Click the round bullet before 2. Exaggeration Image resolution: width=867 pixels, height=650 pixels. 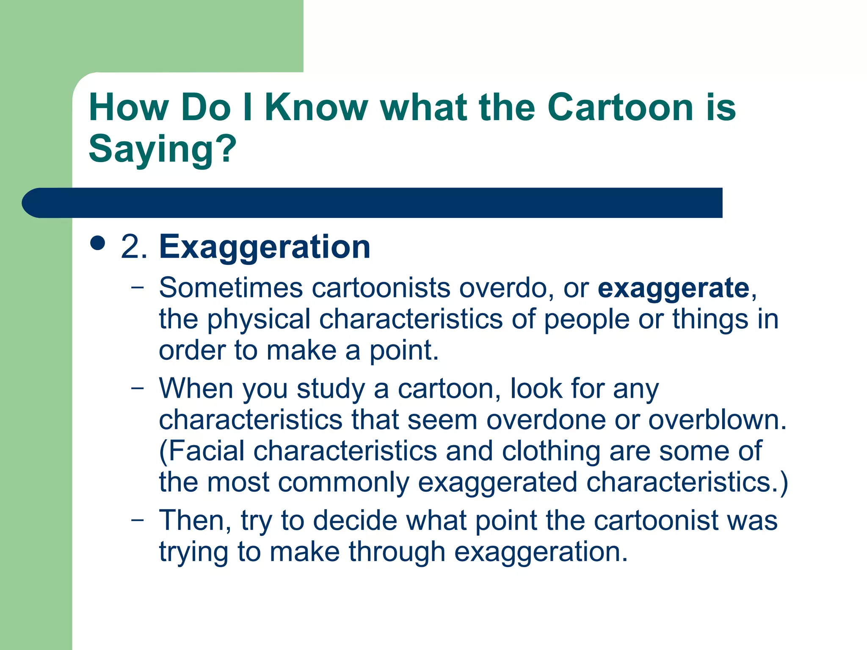(98, 244)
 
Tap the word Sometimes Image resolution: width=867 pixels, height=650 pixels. (231, 288)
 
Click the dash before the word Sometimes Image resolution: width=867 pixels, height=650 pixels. (137, 288)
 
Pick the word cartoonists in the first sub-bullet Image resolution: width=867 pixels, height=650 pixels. (381, 288)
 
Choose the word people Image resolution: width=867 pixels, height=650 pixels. (587, 319)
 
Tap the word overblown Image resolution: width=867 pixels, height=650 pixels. (717, 419)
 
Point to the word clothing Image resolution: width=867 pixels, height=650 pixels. (551, 452)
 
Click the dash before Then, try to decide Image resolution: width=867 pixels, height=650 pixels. (137, 520)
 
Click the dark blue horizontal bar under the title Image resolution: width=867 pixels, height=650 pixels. (373, 203)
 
